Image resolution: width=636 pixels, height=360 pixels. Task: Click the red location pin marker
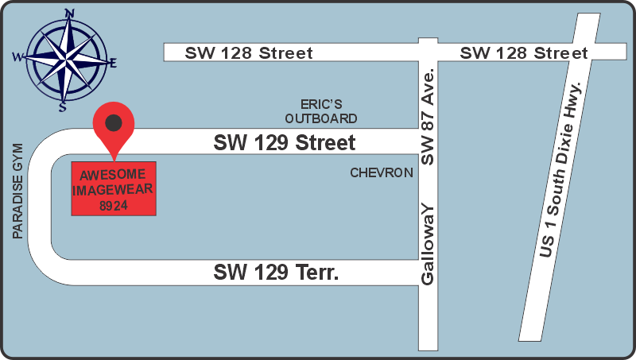click(114, 127)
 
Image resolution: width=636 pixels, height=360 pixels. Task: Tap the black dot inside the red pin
click(114, 122)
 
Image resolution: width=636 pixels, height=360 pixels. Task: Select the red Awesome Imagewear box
click(114, 188)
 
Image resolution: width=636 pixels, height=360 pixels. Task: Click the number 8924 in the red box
click(114, 205)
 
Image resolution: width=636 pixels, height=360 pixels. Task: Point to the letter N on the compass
click(70, 14)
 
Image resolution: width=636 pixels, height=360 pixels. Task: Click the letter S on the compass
click(62, 106)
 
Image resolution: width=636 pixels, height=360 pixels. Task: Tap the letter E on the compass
click(113, 62)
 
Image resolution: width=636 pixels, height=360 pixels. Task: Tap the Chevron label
click(382, 172)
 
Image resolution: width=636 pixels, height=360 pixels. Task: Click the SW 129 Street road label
click(284, 144)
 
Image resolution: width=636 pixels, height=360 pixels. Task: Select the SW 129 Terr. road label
click(277, 273)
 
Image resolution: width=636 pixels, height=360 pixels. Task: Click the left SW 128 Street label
click(249, 53)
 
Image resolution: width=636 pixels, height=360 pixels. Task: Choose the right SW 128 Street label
click(524, 53)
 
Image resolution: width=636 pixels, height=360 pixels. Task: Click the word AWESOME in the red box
click(114, 175)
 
